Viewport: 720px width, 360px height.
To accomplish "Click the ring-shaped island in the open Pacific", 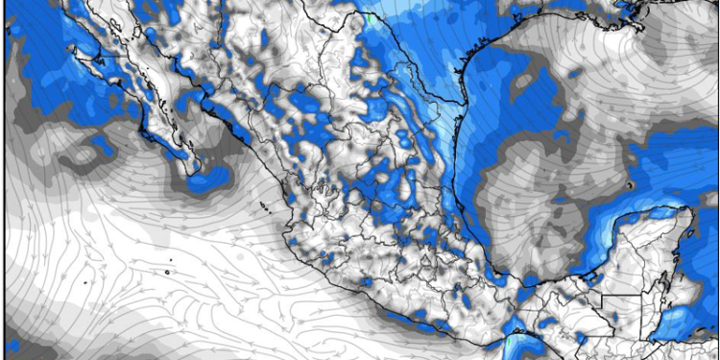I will [166, 273].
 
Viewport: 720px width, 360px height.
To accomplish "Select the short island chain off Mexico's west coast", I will [262, 205].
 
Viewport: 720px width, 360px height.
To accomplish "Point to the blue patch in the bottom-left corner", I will [14, 346].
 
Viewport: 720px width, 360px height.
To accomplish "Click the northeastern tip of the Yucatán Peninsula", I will [689, 213].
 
